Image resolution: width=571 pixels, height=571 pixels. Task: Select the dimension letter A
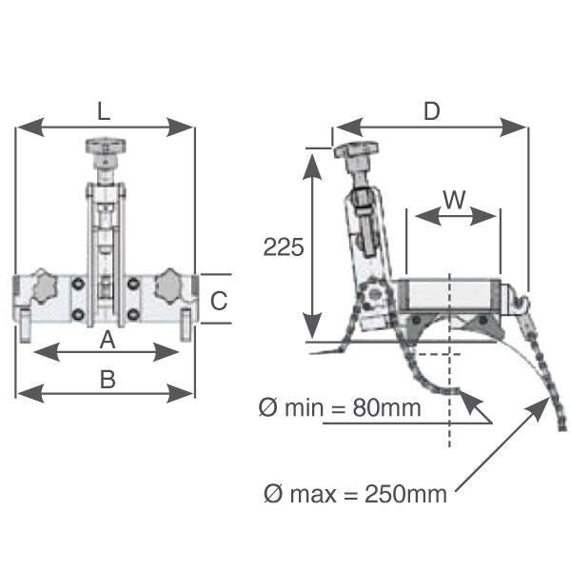[108, 338]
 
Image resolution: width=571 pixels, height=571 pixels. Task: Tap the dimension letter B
[108, 379]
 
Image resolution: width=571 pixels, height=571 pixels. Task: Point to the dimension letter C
[219, 302]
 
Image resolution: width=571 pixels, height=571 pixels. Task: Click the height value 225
[283, 247]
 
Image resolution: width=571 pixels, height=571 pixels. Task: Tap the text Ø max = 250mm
[355, 494]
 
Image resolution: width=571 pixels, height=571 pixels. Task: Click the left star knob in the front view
[45, 285]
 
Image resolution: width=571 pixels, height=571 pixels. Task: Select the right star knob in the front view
[169, 284]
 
